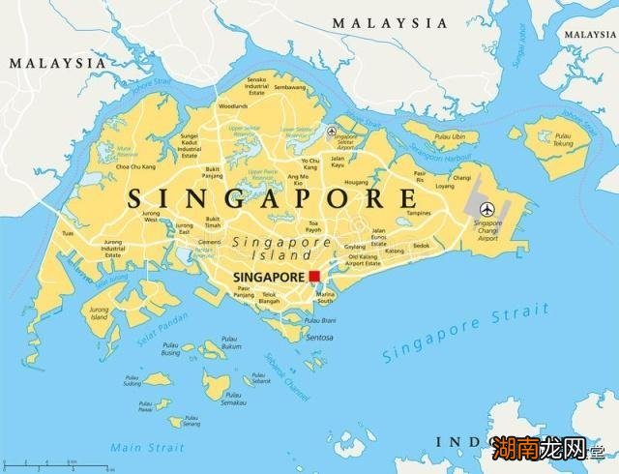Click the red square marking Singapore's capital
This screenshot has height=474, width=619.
point(314,276)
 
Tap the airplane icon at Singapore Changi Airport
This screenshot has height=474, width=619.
point(487,208)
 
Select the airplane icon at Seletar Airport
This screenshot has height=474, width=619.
point(333,132)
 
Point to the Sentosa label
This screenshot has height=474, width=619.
point(319,338)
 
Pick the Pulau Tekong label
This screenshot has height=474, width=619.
point(563,141)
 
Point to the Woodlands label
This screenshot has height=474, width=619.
point(232,105)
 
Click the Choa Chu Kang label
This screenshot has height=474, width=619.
point(134,167)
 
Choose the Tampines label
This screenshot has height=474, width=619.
point(418,213)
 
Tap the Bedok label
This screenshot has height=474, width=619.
point(421,246)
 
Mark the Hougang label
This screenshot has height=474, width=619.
point(356,182)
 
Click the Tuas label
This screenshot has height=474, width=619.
point(68,233)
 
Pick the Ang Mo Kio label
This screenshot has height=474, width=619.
point(298,179)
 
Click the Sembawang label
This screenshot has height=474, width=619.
point(289,87)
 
